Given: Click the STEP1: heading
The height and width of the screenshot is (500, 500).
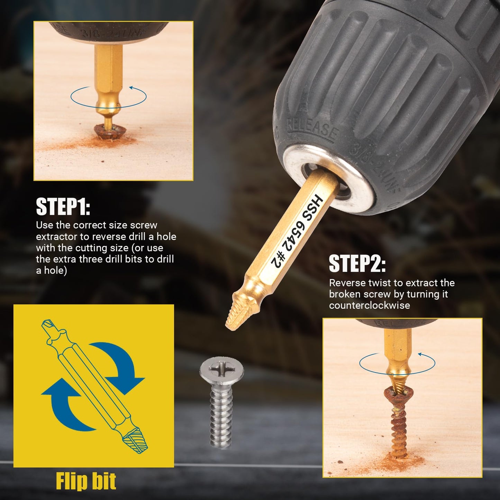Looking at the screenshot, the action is (63, 207).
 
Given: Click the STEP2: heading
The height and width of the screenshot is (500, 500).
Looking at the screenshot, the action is (357, 263).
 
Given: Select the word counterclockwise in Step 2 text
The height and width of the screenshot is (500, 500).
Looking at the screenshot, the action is (370, 306).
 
